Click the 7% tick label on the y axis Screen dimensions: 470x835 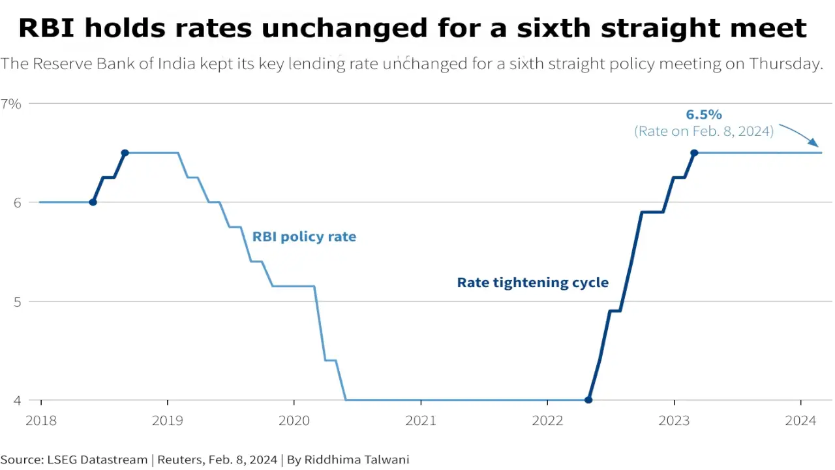[x=11, y=104]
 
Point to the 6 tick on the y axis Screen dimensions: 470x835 [x=18, y=203]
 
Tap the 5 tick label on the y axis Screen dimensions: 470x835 [x=18, y=302]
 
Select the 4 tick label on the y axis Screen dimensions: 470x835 [x=18, y=400]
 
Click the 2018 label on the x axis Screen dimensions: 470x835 [x=41, y=421]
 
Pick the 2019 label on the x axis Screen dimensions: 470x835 [x=168, y=421]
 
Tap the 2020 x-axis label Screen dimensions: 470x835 [x=294, y=421]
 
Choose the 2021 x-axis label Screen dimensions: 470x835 [x=421, y=421]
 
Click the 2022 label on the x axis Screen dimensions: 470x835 [x=547, y=421]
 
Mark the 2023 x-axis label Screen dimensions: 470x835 [x=674, y=421]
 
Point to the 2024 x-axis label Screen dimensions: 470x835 [x=800, y=421]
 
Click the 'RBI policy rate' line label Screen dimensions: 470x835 [x=304, y=237]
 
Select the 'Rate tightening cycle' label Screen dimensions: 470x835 [x=532, y=283]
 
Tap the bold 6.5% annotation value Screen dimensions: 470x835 [x=703, y=115]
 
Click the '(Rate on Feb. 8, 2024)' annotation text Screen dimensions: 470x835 [x=703, y=131]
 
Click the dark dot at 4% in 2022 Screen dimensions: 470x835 [x=588, y=400]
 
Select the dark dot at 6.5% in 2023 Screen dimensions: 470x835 [x=694, y=153]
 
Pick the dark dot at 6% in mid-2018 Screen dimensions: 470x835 [x=93, y=202]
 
